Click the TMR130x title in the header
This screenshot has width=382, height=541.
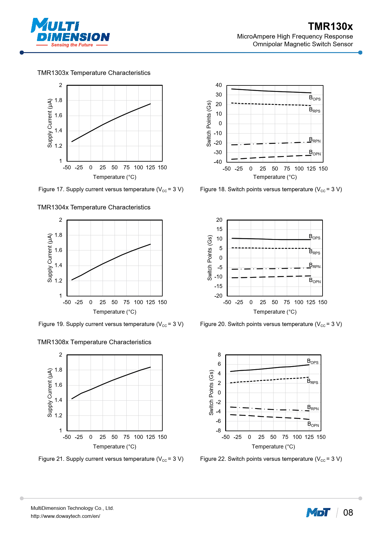330,27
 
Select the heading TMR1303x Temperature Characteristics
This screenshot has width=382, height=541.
94,73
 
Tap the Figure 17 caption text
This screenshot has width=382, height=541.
111,189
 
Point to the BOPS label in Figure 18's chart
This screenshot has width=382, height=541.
315,98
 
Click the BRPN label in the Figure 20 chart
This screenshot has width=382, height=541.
315,266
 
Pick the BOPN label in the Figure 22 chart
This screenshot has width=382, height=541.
313,424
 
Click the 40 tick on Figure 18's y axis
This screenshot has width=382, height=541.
218,85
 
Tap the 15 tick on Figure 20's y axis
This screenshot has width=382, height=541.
219,229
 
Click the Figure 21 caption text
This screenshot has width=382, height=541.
111,459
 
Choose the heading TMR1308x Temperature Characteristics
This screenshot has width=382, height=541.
94,342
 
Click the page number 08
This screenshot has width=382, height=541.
348,513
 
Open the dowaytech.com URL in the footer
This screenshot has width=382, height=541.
65,516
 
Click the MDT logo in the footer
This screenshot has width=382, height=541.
318,513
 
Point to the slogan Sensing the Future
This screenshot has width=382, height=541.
72,45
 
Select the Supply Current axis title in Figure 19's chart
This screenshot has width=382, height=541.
50,258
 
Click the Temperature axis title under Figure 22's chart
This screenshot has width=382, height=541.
273,447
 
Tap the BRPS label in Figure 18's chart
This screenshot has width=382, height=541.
315,110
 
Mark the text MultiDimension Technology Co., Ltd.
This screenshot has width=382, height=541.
72,508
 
